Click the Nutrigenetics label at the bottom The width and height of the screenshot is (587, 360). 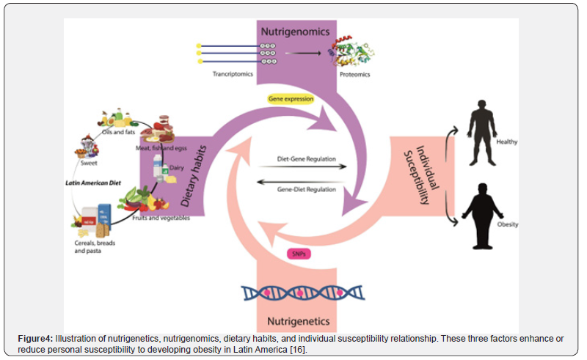click(x=296, y=320)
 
